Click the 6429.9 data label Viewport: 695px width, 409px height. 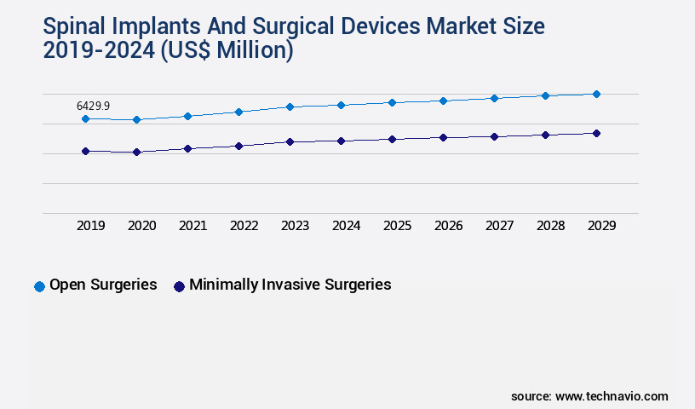point(93,106)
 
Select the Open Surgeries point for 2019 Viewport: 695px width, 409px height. point(85,118)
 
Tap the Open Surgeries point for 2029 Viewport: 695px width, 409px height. point(596,94)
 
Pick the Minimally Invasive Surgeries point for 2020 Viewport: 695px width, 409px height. point(136,152)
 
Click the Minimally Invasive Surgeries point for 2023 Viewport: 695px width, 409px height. point(290,141)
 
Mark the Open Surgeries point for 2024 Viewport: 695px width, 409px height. point(341,105)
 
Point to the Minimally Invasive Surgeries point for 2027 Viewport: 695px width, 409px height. point(494,136)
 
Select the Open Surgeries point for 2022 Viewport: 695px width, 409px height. point(238,112)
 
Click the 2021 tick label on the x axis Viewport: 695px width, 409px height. point(192,226)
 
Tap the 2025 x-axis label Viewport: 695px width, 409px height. point(397,226)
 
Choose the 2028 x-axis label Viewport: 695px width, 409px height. point(550,226)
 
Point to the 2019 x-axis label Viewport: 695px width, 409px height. point(90,226)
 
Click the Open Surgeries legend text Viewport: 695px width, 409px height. point(103,285)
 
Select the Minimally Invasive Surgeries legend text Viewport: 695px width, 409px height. point(290,285)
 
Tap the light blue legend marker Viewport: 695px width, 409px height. point(39,286)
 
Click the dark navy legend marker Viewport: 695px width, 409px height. point(179,286)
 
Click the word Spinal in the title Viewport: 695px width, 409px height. point(78,26)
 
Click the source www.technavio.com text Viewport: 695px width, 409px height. point(589,396)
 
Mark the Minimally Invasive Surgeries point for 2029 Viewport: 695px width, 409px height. point(596,133)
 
